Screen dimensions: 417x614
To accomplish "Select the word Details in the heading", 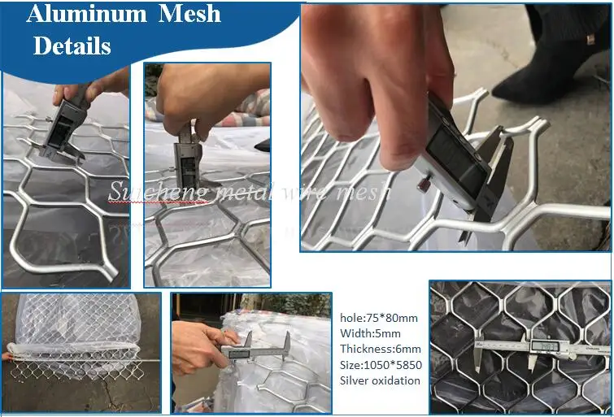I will tap(72, 46).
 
